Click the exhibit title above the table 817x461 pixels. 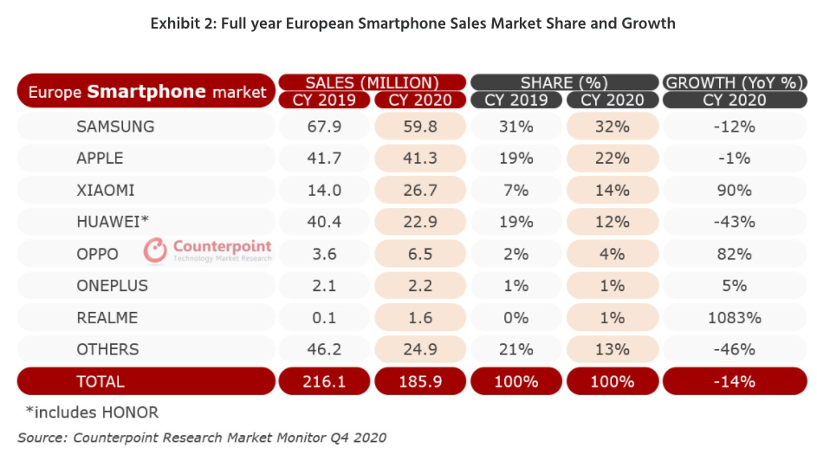tap(412, 23)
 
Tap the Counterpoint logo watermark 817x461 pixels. tap(208, 250)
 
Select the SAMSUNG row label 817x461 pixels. tap(115, 127)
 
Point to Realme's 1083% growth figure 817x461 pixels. tap(734, 317)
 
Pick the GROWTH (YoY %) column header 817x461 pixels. tap(734, 82)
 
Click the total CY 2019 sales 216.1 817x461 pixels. tap(322, 381)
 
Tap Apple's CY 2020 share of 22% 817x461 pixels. tap(613, 159)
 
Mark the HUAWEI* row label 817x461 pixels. tap(112, 222)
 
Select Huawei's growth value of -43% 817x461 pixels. tap(734, 222)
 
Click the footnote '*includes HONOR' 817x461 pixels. tap(92, 412)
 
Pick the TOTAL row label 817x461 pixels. tap(101, 381)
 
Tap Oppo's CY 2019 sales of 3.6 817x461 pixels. tap(322, 254)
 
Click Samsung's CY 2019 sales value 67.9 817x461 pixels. tap(322, 127)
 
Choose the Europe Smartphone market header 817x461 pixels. tap(146, 92)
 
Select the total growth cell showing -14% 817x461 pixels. tap(734, 381)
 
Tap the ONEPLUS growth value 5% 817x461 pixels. tap(734, 286)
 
